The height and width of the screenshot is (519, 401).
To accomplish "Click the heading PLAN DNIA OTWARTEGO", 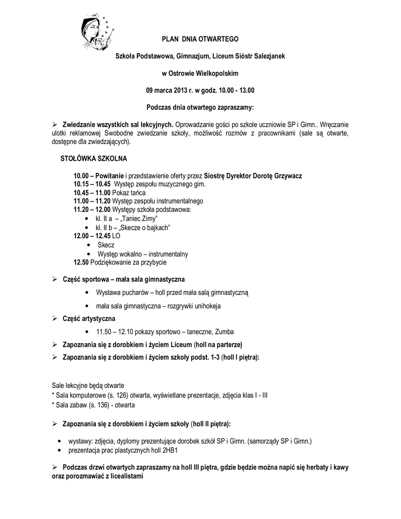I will coord(200,39).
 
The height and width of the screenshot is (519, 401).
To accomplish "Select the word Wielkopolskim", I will coord(215,73).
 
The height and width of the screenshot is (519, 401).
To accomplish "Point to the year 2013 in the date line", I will coord(181,90).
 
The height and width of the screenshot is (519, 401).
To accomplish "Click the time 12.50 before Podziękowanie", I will coord(81,263).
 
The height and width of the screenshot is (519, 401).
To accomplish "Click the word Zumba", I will coord(224,332).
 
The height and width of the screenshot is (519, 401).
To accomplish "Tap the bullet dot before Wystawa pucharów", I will coord(89,293).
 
